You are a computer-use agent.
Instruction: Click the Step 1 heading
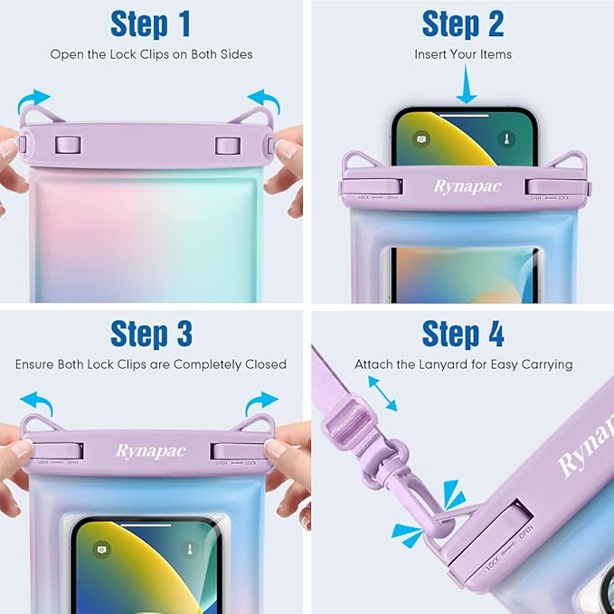pyautogui.click(x=151, y=24)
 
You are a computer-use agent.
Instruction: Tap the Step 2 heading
pyautogui.click(x=463, y=24)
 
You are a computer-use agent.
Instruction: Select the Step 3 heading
pyautogui.click(x=151, y=334)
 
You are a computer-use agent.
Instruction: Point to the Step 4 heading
pyautogui.click(x=463, y=334)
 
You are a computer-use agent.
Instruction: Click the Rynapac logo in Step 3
pyautogui.click(x=151, y=450)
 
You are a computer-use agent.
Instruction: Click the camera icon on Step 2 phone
pyautogui.click(x=420, y=139)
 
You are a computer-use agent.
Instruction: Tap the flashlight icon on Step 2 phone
pyautogui.click(x=508, y=139)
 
